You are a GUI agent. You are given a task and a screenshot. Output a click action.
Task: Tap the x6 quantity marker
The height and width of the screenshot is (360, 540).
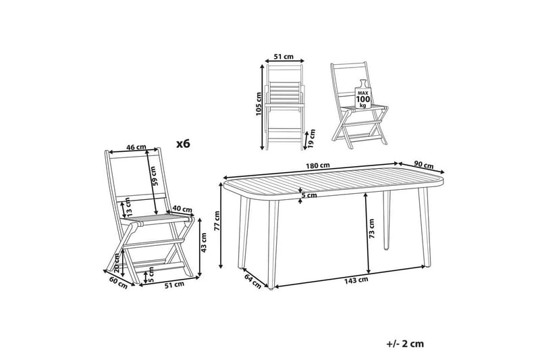coord(183,143)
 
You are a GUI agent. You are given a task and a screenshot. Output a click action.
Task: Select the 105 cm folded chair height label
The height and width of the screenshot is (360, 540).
coord(259,104)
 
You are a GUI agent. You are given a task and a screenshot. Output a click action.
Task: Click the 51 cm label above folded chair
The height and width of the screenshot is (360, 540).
coord(283,57)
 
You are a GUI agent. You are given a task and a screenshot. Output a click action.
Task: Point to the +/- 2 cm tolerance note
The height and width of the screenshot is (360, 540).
coord(406,343)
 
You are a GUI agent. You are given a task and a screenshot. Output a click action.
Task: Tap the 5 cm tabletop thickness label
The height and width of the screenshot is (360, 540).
coord(308,196)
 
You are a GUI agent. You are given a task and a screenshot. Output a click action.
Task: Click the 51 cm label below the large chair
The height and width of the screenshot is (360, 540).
coord(174,284)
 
